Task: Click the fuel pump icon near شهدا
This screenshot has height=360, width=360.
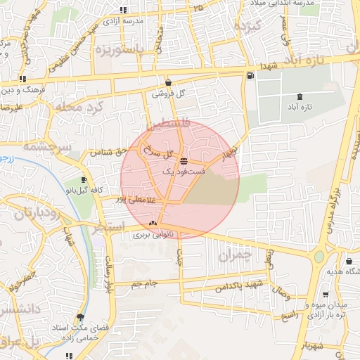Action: (251, 75)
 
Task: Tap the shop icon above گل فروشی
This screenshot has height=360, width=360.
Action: (168, 82)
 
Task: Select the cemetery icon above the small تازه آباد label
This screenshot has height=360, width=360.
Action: (301, 96)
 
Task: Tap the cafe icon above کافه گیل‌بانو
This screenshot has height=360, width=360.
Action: (84, 180)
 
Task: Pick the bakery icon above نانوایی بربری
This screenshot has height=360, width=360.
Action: (153, 225)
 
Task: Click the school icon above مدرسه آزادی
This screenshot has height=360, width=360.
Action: (124, 10)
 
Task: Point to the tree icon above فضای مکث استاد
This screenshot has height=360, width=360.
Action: (81, 317)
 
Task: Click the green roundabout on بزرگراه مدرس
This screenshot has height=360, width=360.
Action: (320, 257)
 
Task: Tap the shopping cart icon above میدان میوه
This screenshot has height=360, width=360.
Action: (325, 295)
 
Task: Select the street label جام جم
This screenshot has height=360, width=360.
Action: (143, 283)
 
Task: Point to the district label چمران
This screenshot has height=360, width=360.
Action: (234, 256)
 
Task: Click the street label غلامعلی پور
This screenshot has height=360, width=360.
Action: (131, 200)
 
